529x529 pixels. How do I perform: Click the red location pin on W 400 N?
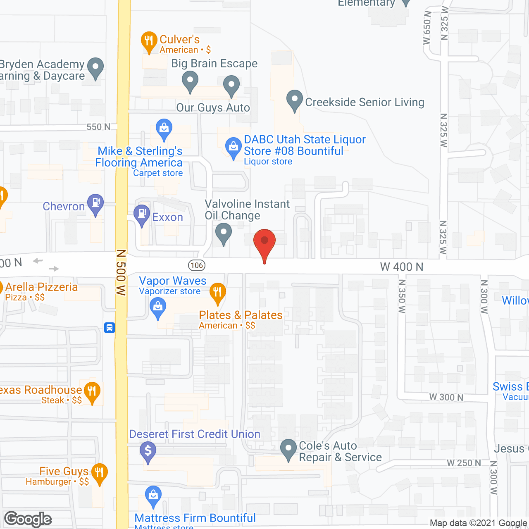point(264,242)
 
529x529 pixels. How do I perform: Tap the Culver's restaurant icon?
point(149,41)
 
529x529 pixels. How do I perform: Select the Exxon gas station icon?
point(142,214)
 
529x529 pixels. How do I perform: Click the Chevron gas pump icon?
point(96,203)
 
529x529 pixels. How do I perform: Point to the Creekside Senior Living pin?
point(295,100)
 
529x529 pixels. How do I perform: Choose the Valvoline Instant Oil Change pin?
point(224,232)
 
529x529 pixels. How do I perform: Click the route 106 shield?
point(197,265)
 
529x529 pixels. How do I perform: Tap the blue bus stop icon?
point(110,328)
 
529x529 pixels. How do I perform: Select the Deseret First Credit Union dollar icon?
point(148,451)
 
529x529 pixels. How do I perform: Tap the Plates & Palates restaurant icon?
point(217,292)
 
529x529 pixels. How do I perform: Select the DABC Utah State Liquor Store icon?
point(234,147)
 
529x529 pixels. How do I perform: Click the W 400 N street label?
point(402,267)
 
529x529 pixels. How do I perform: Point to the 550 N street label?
point(98,127)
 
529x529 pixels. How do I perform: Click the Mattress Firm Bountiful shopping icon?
point(153,495)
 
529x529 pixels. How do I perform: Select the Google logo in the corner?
point(28,519)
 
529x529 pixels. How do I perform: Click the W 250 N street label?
point(464,463)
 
